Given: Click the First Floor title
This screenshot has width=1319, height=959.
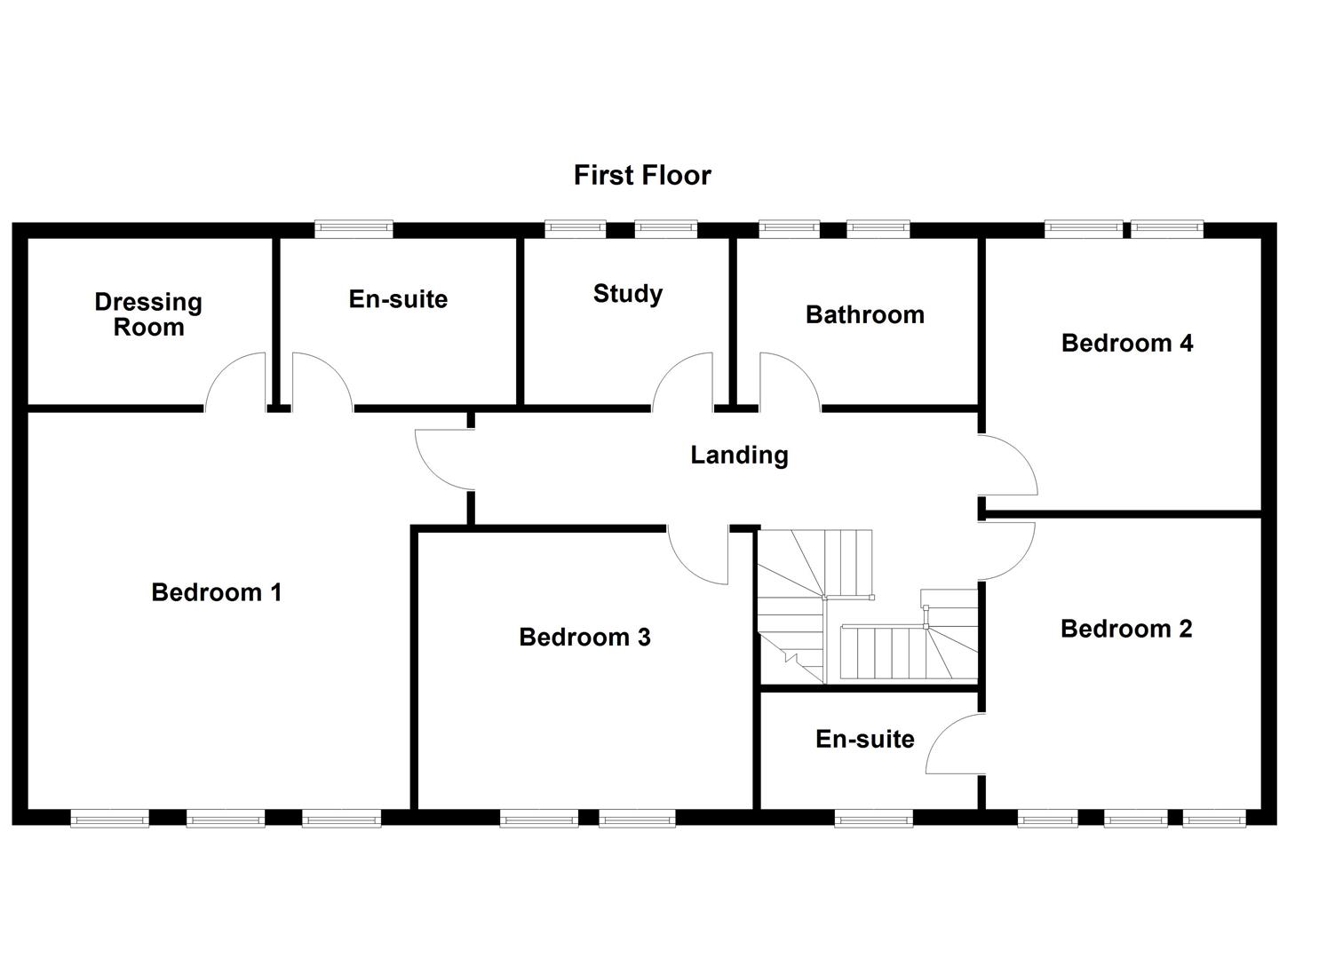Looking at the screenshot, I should pyautogui.click(x=642, y=175).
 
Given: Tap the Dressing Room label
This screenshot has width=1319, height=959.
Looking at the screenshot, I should pyautogui.click(x=148, y=314).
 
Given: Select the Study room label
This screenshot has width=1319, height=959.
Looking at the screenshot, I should pyautogui.click(x=627, y=294).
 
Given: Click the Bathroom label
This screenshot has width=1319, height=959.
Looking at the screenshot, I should pyautogui.click(x=864, y=314).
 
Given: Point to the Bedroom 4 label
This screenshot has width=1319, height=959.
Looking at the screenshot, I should pyautogui.click(x=1126, y=343).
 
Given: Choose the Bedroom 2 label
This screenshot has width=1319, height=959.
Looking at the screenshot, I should pyautogui.click(x=1125, y=629).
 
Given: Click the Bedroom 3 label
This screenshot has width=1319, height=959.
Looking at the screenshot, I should pyautogui.click(x=584, y=637).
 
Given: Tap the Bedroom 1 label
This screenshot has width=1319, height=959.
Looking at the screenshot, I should pyautogui.click(x=216, y=592).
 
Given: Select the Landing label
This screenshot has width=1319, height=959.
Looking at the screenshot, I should pyautogui.click(x=739, y=455).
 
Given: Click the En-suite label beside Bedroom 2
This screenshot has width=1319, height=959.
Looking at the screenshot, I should pyautogui.click(x=864, y=739).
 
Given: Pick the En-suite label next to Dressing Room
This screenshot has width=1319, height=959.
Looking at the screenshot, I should pyautogui.click(x=397, y=299).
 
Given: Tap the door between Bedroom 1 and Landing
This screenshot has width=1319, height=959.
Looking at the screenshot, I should pyautogui.click(x=441, y=460).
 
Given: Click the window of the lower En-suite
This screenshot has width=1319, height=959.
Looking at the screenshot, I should pyautogui.click(x=873, y=819).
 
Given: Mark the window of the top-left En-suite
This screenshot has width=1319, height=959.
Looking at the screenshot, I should pyautogui.click(x=354, y=229).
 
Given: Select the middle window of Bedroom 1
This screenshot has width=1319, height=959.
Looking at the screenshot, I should pyautogui.click(x=226, y=819).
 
